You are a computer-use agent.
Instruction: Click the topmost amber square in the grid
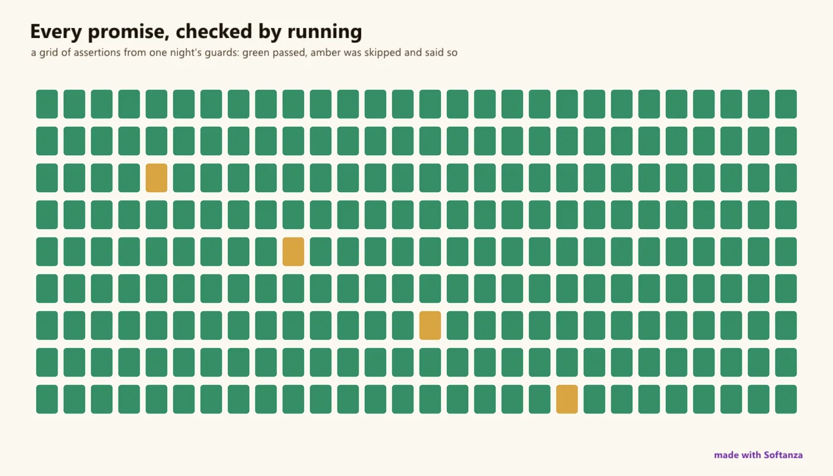[156, 178]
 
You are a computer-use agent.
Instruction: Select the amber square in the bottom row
[566, 399]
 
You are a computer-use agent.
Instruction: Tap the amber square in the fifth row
[293, 251]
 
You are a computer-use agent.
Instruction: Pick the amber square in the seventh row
[430, 325]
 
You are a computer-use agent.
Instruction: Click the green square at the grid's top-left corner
[47, 104]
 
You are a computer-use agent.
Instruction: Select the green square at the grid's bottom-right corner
[786, 399]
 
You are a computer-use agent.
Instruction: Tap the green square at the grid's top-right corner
[786, 104]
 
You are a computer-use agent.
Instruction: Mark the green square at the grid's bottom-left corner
[47, 399]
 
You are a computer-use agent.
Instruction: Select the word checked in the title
[214, 31]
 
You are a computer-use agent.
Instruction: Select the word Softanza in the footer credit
[783, 455]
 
